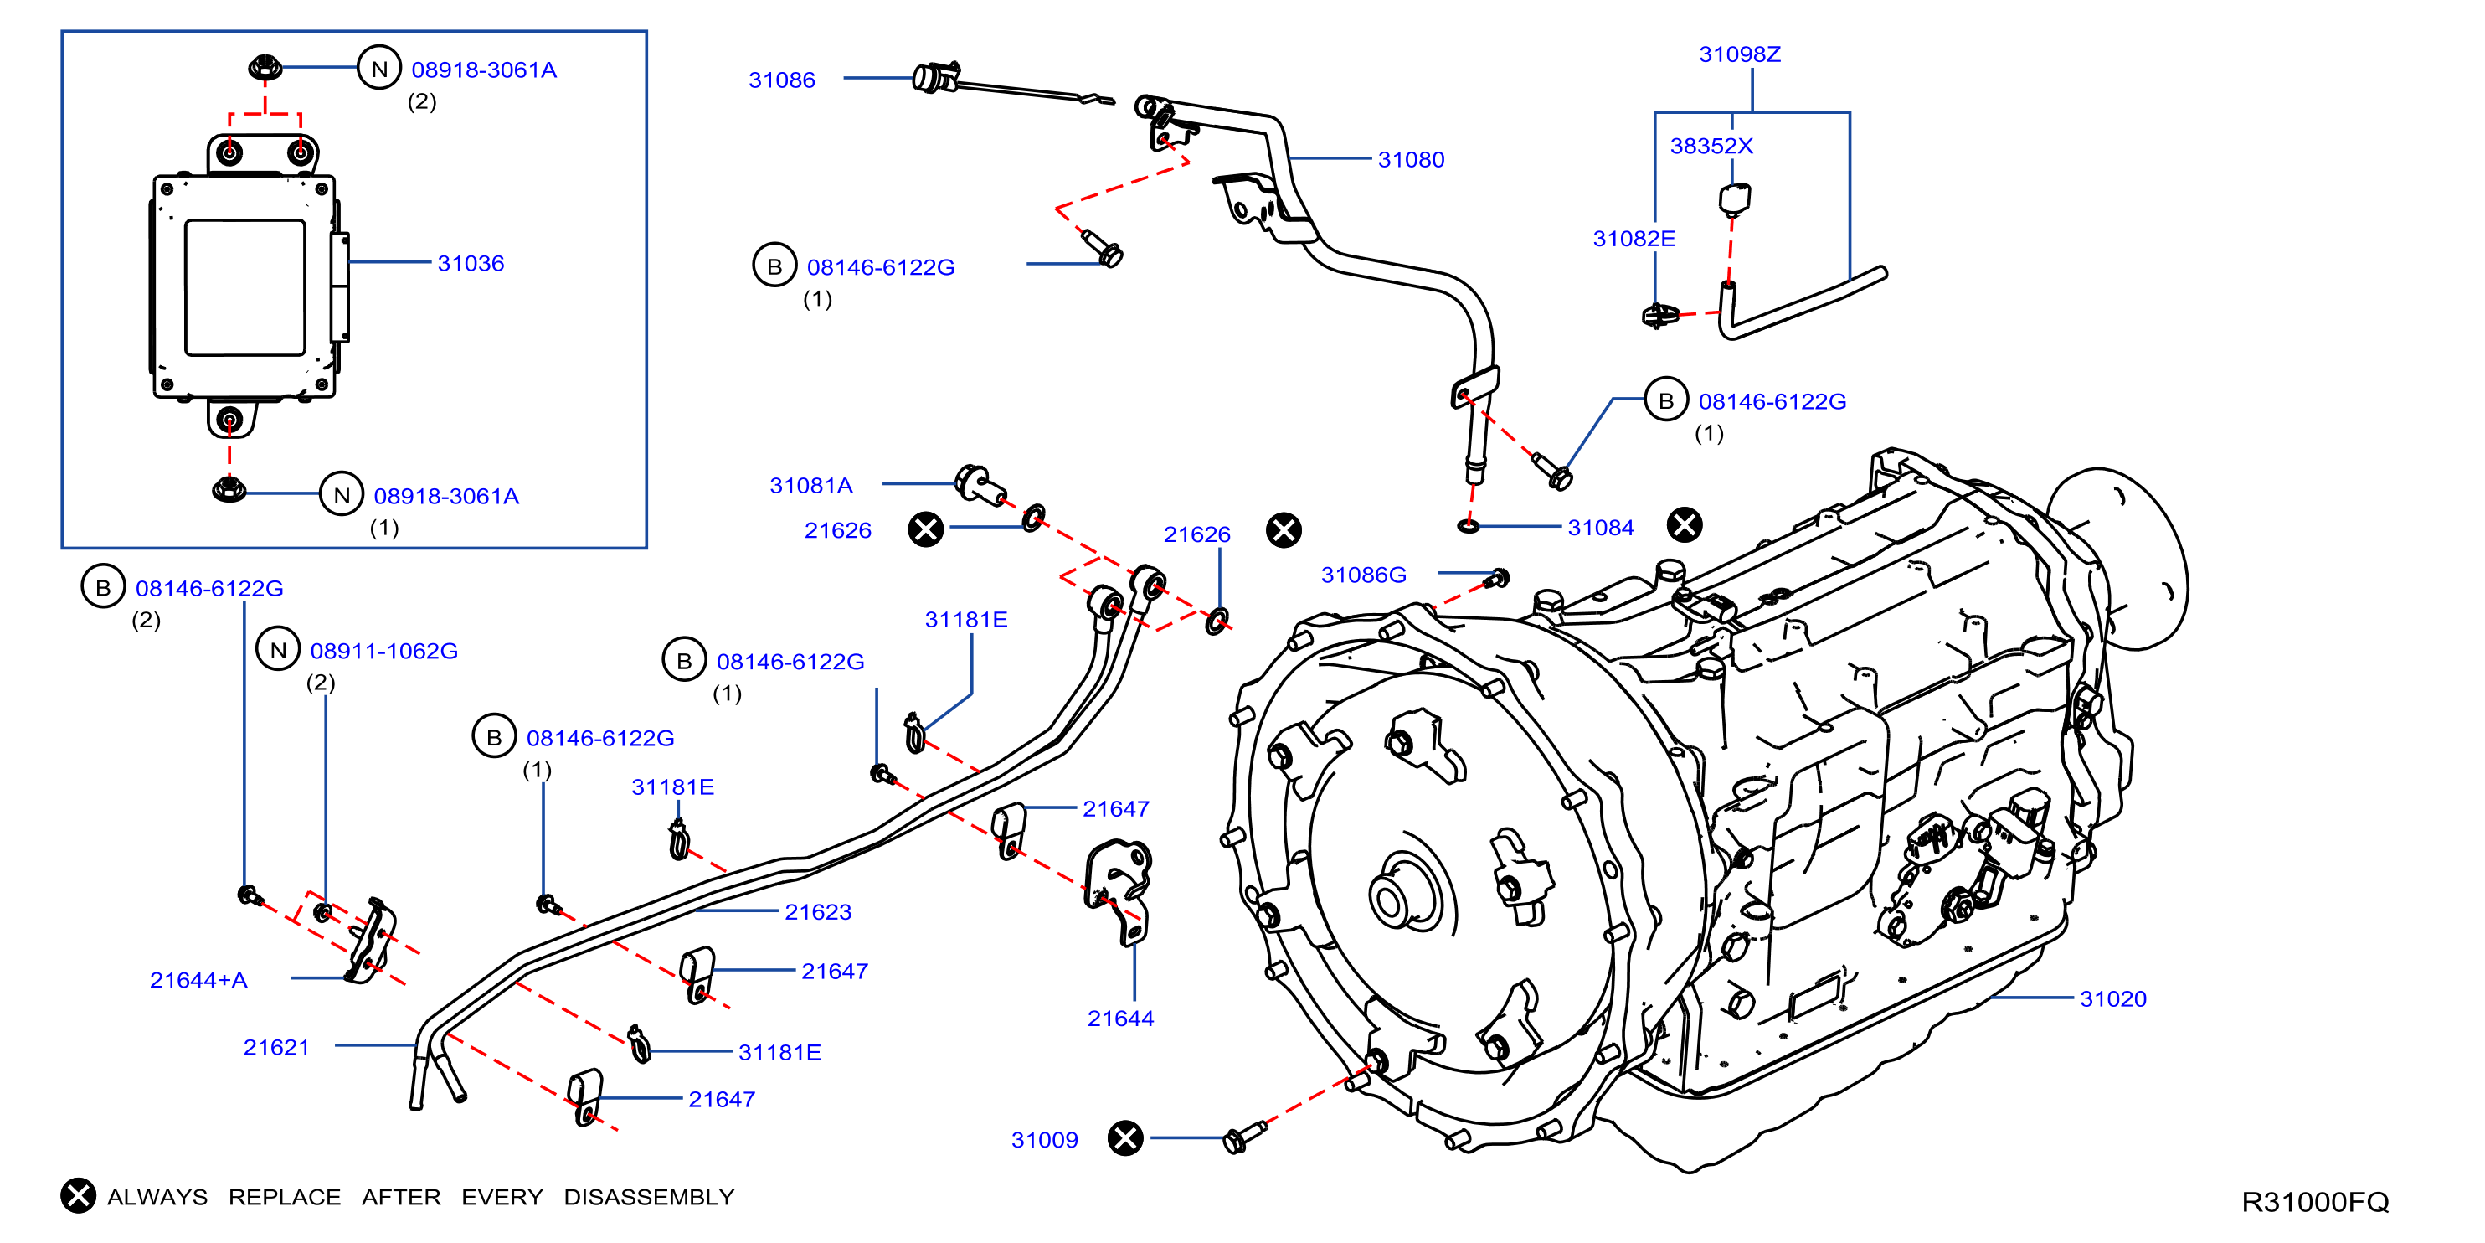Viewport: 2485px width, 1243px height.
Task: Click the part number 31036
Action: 471,264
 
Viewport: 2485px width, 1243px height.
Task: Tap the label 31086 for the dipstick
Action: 781,80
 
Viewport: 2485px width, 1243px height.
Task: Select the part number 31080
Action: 1410,160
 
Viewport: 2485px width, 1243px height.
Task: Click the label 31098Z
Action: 1739,54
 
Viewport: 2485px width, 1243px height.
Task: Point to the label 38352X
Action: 1711,146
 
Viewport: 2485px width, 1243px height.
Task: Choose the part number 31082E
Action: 1634,239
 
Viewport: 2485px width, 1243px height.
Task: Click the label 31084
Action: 1600,528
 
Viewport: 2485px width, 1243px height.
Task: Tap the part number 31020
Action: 2112,998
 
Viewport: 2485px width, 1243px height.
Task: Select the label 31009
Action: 1044,1140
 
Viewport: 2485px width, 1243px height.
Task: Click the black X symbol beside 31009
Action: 1124,1137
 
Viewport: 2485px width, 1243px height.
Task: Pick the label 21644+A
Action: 198,981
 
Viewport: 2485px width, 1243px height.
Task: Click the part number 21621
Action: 276,1047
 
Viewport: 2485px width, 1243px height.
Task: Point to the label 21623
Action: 818,912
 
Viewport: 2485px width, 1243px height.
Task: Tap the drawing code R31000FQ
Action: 2314,1201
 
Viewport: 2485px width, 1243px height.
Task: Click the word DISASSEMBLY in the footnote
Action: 648,1197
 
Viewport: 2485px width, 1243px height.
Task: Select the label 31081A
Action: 810,486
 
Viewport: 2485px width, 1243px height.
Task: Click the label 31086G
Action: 1363,575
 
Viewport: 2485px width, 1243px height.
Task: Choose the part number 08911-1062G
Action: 384,652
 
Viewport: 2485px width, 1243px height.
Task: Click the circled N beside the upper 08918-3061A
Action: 379,69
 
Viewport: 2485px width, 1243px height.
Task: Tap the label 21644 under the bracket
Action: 1120,1019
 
